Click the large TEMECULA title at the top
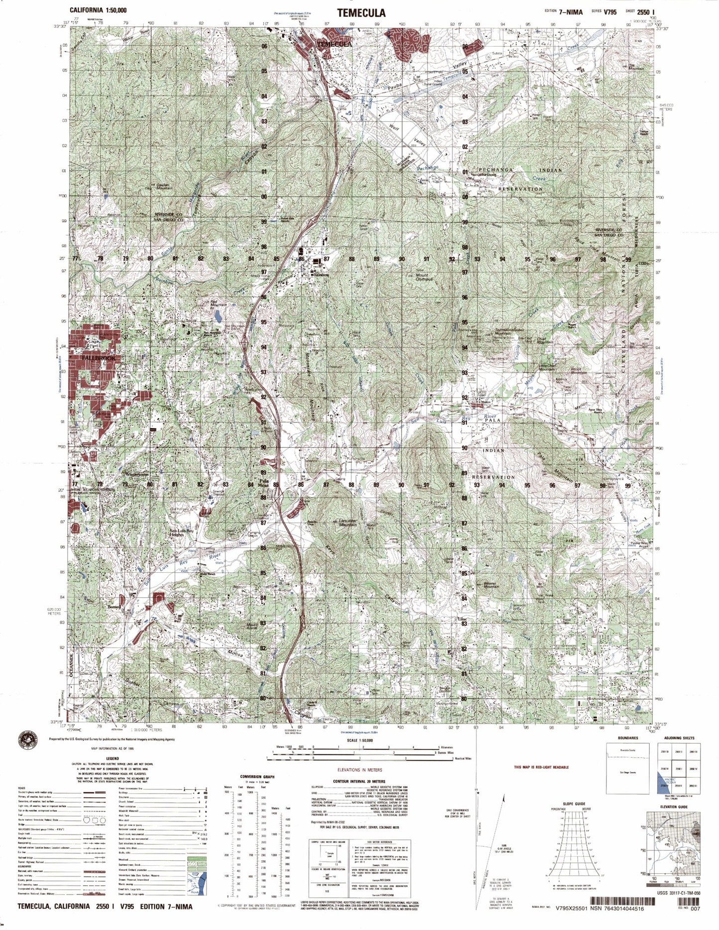(361, 12)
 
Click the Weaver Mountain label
(491, 586)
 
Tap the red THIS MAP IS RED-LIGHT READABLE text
(541, 767)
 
